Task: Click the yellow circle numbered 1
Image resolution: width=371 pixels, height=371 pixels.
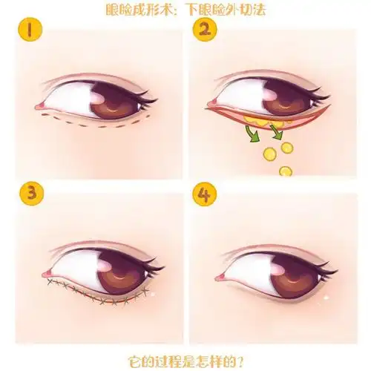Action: (x=30, y=30)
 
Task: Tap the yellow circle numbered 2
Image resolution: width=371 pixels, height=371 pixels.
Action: (x=205, y=30)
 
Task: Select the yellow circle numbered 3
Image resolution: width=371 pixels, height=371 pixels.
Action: (x=32, y=194)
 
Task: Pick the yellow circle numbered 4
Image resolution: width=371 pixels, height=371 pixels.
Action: (x=205, y=194)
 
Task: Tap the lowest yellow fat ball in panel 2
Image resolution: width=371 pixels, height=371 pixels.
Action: (x=286, y=171)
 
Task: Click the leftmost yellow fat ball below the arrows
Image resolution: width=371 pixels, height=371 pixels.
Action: (x=270, y=154)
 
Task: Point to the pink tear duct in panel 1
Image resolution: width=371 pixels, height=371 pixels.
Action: (x=40, y=106)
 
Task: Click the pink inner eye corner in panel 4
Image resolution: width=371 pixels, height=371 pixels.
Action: (x=220, y=277)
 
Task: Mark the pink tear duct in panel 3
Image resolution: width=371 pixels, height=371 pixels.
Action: (x=47, y=274)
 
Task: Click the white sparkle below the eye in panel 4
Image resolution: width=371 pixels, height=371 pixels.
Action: (x=326, y=298)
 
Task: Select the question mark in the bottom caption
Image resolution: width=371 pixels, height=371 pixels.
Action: (x=239, y=362)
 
